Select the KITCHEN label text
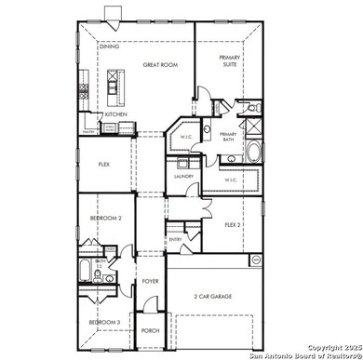tap(115, 114)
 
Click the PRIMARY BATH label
tap(229, 136)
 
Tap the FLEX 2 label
tap(233, 224)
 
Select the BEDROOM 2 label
tap(105, 218)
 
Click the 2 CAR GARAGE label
tap(213, 296)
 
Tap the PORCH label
tap(151, 330)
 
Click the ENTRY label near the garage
tap(175, 239)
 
